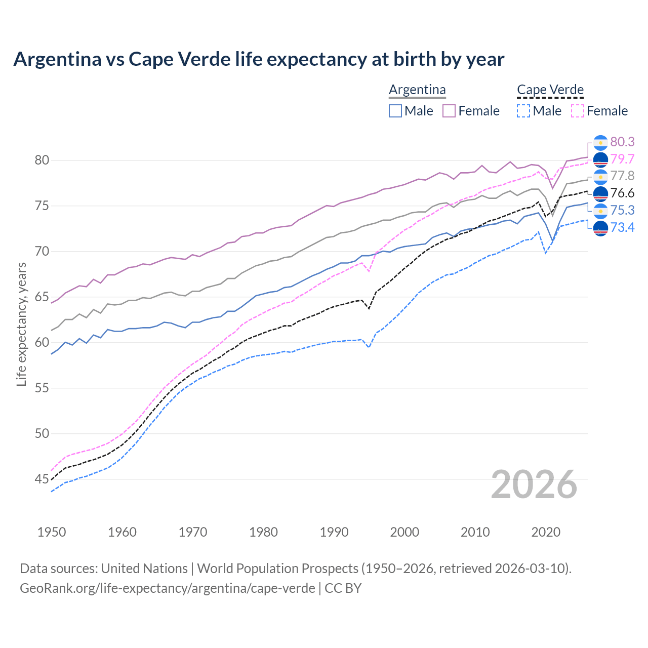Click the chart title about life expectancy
tap(259, 59)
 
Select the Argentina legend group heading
tap(417, 90)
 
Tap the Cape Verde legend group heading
tap(550, 90)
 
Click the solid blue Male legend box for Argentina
tap(395, 111)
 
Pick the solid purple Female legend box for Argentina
tap(449, 111)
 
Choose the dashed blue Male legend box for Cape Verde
tap(523, 111)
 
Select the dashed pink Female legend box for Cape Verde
tap(578, 111)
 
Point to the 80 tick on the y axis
tap(42, 160)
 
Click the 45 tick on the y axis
tap(42, 479)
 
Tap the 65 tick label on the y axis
tap(42, 297)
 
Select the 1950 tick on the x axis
tap(52, 532)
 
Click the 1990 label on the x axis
tap(334, 532)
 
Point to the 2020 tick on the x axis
tap(546, 532)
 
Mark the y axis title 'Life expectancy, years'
tap(21, 324)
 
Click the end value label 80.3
tap(622, 142)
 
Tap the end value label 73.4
tap(622, 227)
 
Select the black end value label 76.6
tap(622, 193)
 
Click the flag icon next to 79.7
tap(600, 159)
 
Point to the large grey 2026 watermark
tap(534, 484)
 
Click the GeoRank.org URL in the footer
tap(167, 588)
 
